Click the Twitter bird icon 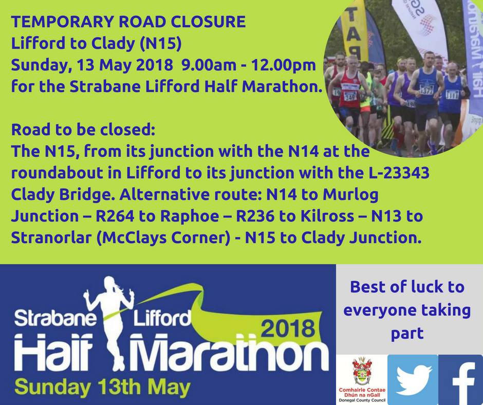[413, 380]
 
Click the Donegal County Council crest [362, 371]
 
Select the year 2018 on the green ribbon [288, 328]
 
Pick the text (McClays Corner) [163, 238]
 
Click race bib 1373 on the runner [426, 90]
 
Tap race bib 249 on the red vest [350, 97]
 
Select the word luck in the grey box [425, 287]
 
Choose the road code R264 [115, 216]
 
